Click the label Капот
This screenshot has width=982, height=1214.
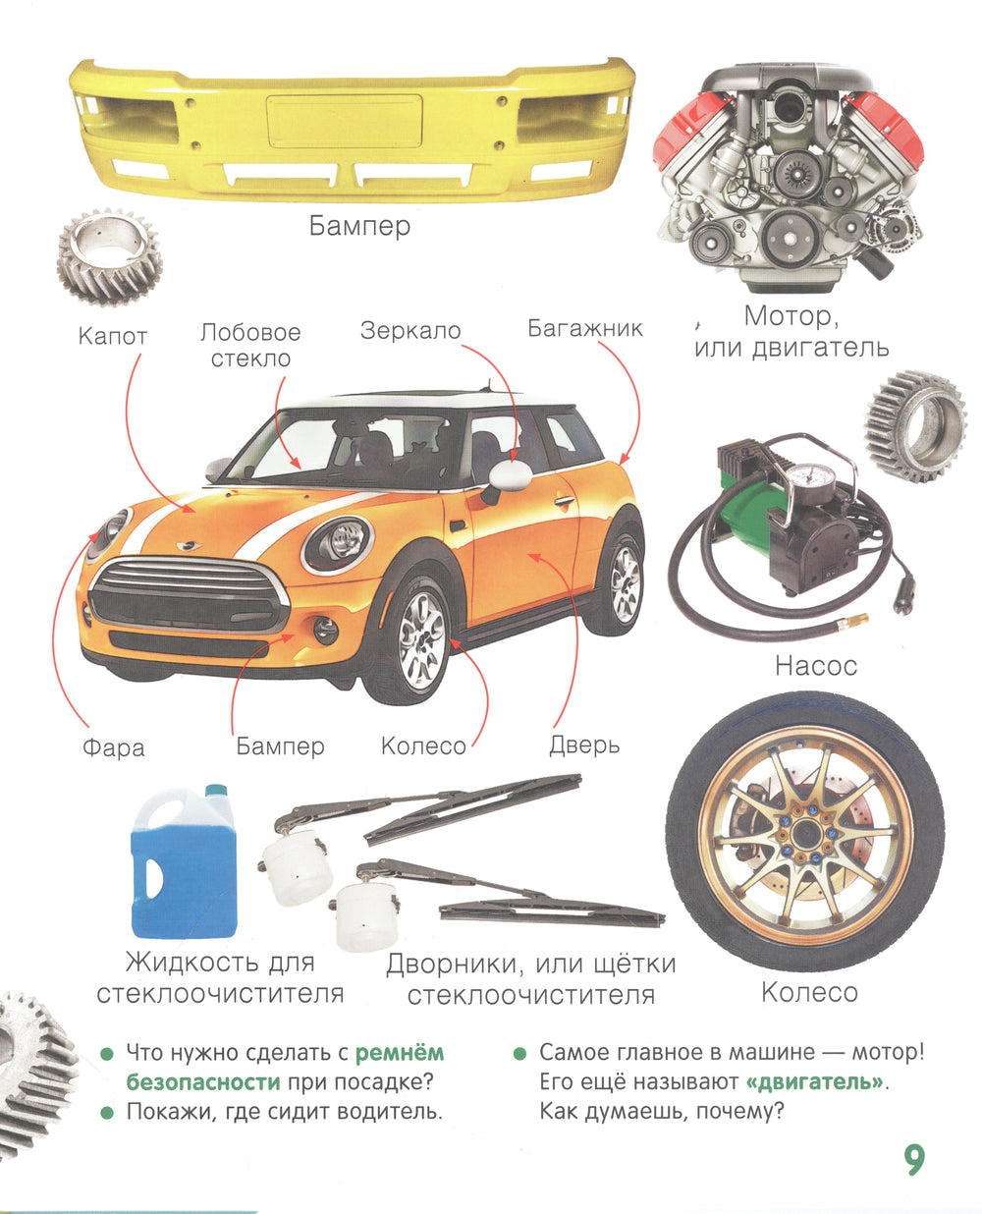point(113,336)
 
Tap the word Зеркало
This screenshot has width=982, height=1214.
point(410,331)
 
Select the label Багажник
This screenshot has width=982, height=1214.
point(584,328)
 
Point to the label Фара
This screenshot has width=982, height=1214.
point(113,747)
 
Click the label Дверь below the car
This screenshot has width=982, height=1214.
point(584,745)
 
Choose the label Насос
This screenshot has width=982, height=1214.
point(816,666)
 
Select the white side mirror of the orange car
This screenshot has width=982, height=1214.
point(510,476)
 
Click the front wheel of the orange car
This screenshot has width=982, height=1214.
point(419,642)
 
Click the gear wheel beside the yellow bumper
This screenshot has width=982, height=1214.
point(109,256)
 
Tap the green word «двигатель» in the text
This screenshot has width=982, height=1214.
point(815,1081)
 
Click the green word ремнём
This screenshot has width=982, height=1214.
point(400,1052)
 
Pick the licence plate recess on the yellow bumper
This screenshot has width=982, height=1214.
point(345,121)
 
